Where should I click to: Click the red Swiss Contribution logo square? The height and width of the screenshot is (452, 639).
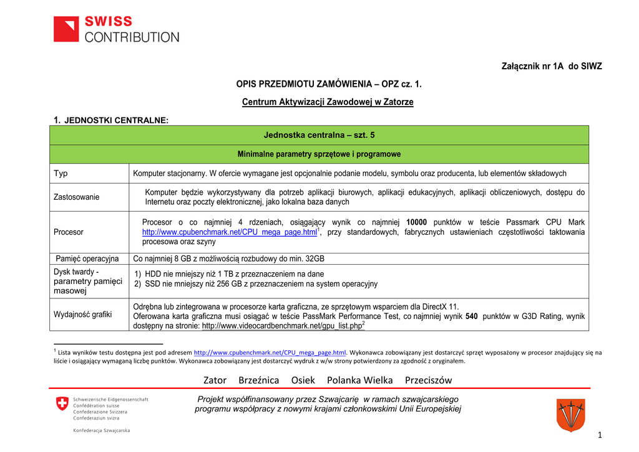(x=66, y=29)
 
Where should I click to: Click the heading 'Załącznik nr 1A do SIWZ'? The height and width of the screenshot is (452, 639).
(x=552, y=67)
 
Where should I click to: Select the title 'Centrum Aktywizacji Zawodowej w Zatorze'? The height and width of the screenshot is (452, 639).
(x=328, y=102)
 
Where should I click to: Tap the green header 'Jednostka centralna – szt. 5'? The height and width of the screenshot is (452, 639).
(x=319, y=135)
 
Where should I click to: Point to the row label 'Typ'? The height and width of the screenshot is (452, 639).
(x=61, y=173)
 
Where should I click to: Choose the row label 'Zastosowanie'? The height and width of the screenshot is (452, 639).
(x=76, y=197)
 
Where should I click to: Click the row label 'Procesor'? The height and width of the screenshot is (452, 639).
(x=69, y=232)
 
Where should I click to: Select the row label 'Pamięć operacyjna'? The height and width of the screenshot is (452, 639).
(x=87, y=258)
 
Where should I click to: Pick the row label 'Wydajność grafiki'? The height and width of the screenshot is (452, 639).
(x=82, y=314)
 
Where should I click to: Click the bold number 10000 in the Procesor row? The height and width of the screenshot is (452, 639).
(x=416, y=222)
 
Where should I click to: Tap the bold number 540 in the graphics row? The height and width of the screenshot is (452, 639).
(x=472, y=317)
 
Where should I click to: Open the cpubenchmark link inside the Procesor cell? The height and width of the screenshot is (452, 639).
(x=230, y=232)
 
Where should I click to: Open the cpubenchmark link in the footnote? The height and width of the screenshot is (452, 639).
(x=270, y=353)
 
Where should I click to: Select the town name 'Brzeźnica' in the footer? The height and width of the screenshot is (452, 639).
(x=259, y=380)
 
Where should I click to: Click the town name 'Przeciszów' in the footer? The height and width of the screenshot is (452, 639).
(x=428, y=380)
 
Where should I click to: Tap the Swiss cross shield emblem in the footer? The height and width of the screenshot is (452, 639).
(x=62, y=404)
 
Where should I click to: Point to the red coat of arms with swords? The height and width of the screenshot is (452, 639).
(x=570, y=415)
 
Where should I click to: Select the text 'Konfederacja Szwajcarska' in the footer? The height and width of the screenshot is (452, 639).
(x=102, y=430)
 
